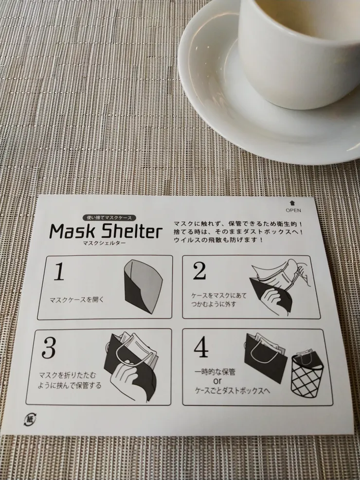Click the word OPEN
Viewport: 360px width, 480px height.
293,210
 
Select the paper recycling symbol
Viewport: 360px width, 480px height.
30,419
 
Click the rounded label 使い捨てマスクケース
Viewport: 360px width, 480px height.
109,218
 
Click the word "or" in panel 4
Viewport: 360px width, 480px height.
217,381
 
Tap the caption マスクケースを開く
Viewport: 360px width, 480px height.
77,300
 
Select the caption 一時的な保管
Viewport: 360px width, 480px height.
215,372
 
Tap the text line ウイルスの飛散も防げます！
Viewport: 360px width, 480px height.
218,240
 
